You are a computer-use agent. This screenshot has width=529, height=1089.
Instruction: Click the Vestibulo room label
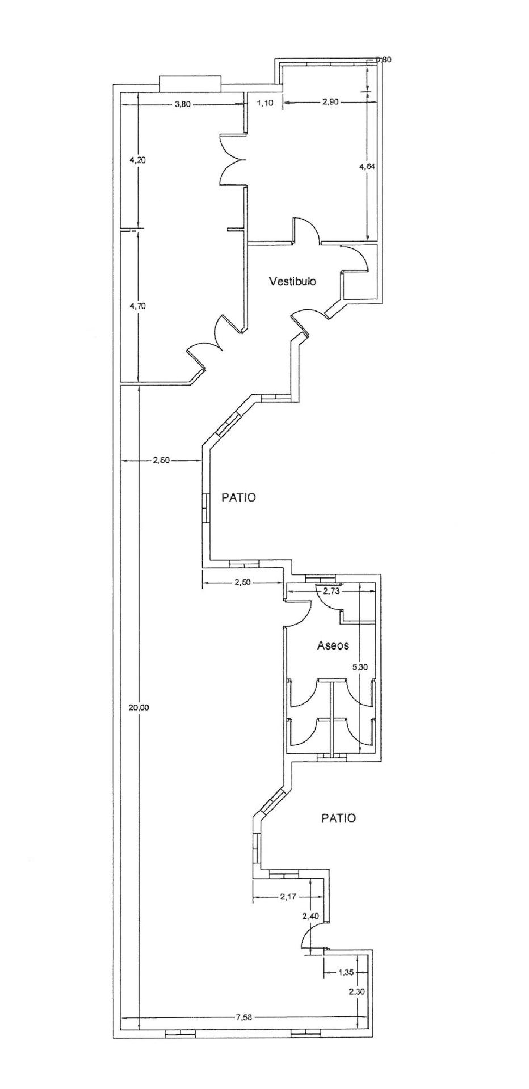click(x=292, y=281)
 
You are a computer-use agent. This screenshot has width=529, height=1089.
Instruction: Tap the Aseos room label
click(x=333, y=645)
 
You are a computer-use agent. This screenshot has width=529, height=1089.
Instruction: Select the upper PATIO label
click(x=239, y=498)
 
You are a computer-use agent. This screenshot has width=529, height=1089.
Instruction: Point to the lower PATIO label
click(x=339, y=818)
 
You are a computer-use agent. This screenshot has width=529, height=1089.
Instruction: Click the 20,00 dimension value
click(x=139, y=708)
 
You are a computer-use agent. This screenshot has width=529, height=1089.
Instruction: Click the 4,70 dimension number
click(x=138, y=306)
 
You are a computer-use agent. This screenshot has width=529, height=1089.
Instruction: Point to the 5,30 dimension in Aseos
click(x=360, y=667)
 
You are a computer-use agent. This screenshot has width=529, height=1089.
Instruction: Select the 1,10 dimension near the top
click(x=265, y=103)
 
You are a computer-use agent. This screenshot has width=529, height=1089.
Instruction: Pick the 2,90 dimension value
click(x=330, y=102)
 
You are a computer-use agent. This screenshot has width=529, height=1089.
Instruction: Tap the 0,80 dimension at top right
click(x=384, y=60)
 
